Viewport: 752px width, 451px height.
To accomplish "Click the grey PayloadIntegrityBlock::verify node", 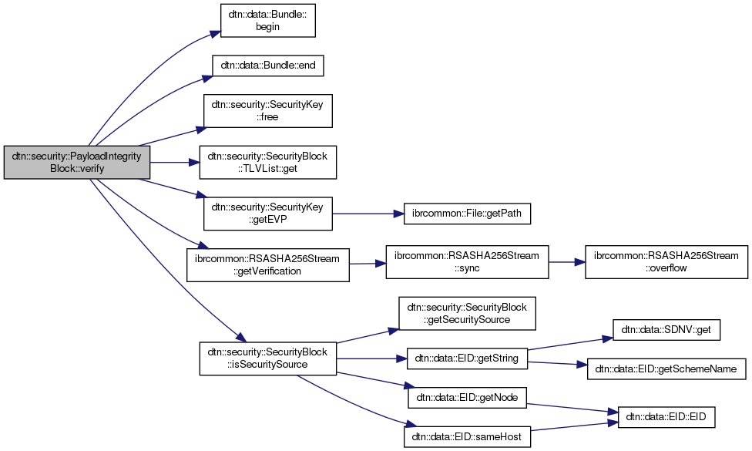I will (x=77, y=163).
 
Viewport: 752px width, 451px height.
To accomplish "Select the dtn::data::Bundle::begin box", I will (x=267, y=20).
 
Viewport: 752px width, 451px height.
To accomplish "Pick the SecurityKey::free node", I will (x=267, y=111).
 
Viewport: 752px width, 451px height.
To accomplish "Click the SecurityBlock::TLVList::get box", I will (x=267, y=163).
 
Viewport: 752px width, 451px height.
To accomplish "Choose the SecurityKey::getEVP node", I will (x=267, y=214).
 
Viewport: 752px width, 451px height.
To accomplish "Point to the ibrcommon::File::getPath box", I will (x=468, y=214).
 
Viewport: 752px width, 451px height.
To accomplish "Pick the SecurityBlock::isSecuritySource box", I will (x=267, y=358).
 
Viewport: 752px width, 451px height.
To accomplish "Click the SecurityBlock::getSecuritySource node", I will (x=467, y=314).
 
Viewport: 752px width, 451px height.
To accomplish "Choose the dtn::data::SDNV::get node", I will (x=666, y=331).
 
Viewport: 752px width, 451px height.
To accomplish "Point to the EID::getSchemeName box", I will (x=666, y=369).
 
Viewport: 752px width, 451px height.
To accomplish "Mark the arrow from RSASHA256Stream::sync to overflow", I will (x=566, y=263).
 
